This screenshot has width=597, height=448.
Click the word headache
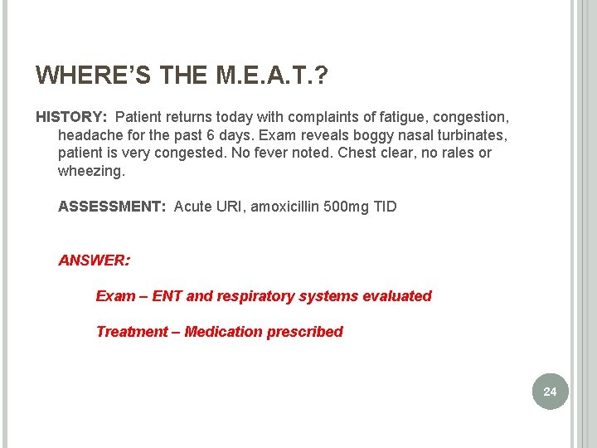click(x=92, y=135)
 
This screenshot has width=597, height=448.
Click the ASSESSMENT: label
click(x=112, y=207)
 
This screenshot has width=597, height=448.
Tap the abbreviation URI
click(x=231, y=207)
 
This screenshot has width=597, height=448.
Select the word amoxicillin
click(x=291, y=207)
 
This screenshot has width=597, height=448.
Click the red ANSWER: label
click(x=94, y=261)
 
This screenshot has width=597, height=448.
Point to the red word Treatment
click(x=131, y=332)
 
